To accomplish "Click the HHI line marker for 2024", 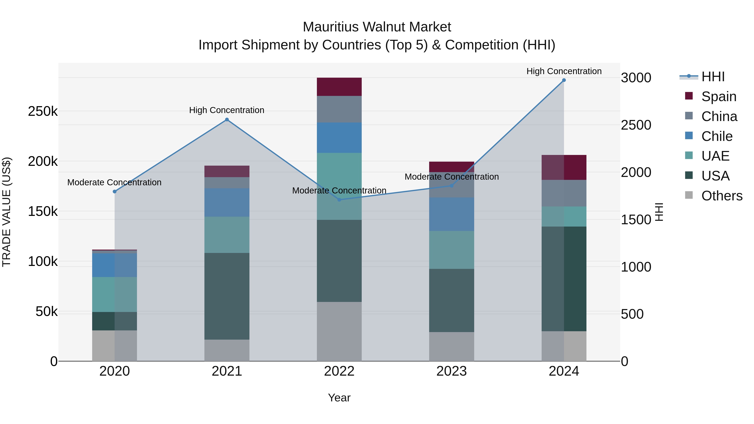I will (564, 80).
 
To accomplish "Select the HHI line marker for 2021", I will (227, 119).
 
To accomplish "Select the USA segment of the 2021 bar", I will (227, 296).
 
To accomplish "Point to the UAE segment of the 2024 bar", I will (564, 217).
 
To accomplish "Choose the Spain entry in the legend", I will (719, 96).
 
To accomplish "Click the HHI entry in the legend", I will (713, 77).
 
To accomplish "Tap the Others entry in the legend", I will (722, 196).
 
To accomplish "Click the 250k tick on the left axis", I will (43, 111).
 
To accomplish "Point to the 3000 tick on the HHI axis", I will (636, 78).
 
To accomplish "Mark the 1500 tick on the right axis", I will (636, 219).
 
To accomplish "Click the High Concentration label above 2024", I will (564, 71).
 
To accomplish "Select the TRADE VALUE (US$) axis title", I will (6, 212).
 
